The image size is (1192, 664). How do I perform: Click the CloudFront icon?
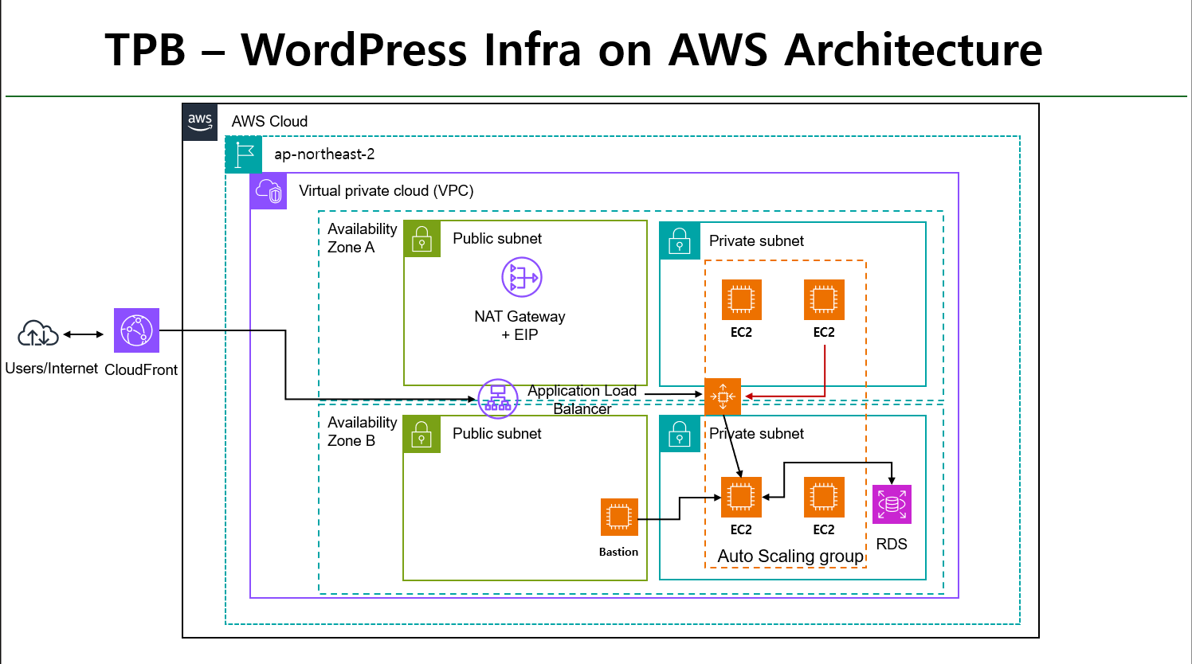[136, 330]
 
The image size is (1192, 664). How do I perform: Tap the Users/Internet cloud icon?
[38, 334]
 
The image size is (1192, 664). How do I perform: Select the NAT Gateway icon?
[521, 277]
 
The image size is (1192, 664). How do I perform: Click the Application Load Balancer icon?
[498, 399]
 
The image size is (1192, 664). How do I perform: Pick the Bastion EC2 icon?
[619, 518]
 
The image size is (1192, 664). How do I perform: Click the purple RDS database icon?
[892, 504]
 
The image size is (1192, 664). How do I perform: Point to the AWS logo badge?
[200, 122]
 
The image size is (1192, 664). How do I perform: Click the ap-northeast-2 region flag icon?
[244, 154]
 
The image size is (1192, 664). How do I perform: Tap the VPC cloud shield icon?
[269, 191]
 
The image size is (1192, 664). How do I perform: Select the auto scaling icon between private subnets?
[723, 396]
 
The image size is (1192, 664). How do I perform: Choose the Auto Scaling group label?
[790, 556]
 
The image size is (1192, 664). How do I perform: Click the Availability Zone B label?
[362, 432]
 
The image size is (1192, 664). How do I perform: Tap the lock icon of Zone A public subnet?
[422, 239]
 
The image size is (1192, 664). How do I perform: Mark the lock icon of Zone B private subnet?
[680, 434]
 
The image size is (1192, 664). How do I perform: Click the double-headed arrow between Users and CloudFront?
[84, 334]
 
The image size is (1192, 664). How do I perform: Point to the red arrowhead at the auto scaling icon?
[748, 396]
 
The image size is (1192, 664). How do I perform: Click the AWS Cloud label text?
[269, 122]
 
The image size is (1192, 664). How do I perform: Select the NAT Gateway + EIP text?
[520, 326]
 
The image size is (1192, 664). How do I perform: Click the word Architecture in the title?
[913, 50]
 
